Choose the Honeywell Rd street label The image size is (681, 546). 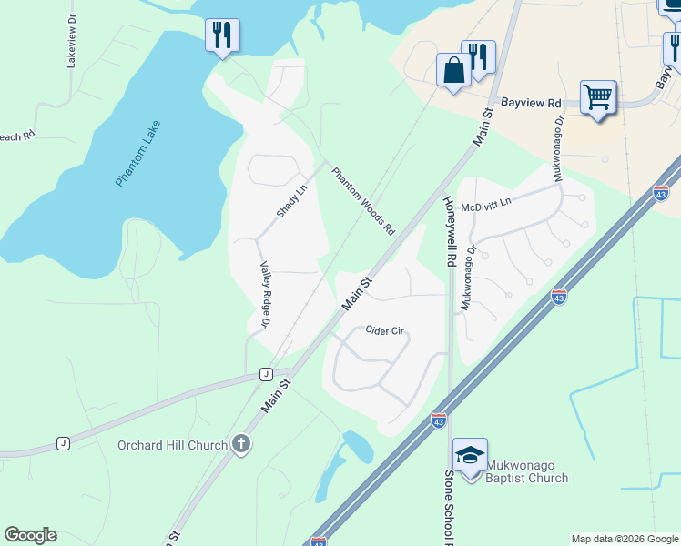[x=449, y=229]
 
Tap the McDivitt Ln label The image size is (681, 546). [x=486, y=207]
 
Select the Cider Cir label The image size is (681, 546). [x=384, y=331]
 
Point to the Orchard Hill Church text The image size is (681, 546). [x=172, y=445]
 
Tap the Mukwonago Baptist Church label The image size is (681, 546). [x=526, y=471]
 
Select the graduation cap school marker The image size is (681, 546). [x=470, y=454]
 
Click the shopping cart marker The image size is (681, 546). [x=597, y=96]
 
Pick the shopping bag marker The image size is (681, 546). [x=453, y=69]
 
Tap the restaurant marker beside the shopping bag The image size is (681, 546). [x=478, y=56]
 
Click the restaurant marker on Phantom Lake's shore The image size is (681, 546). [x=222, y=35]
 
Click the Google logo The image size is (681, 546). [x=30, y=535]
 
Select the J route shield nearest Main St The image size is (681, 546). [x=266, y=374]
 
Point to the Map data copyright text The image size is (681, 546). [x=625, y=539]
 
